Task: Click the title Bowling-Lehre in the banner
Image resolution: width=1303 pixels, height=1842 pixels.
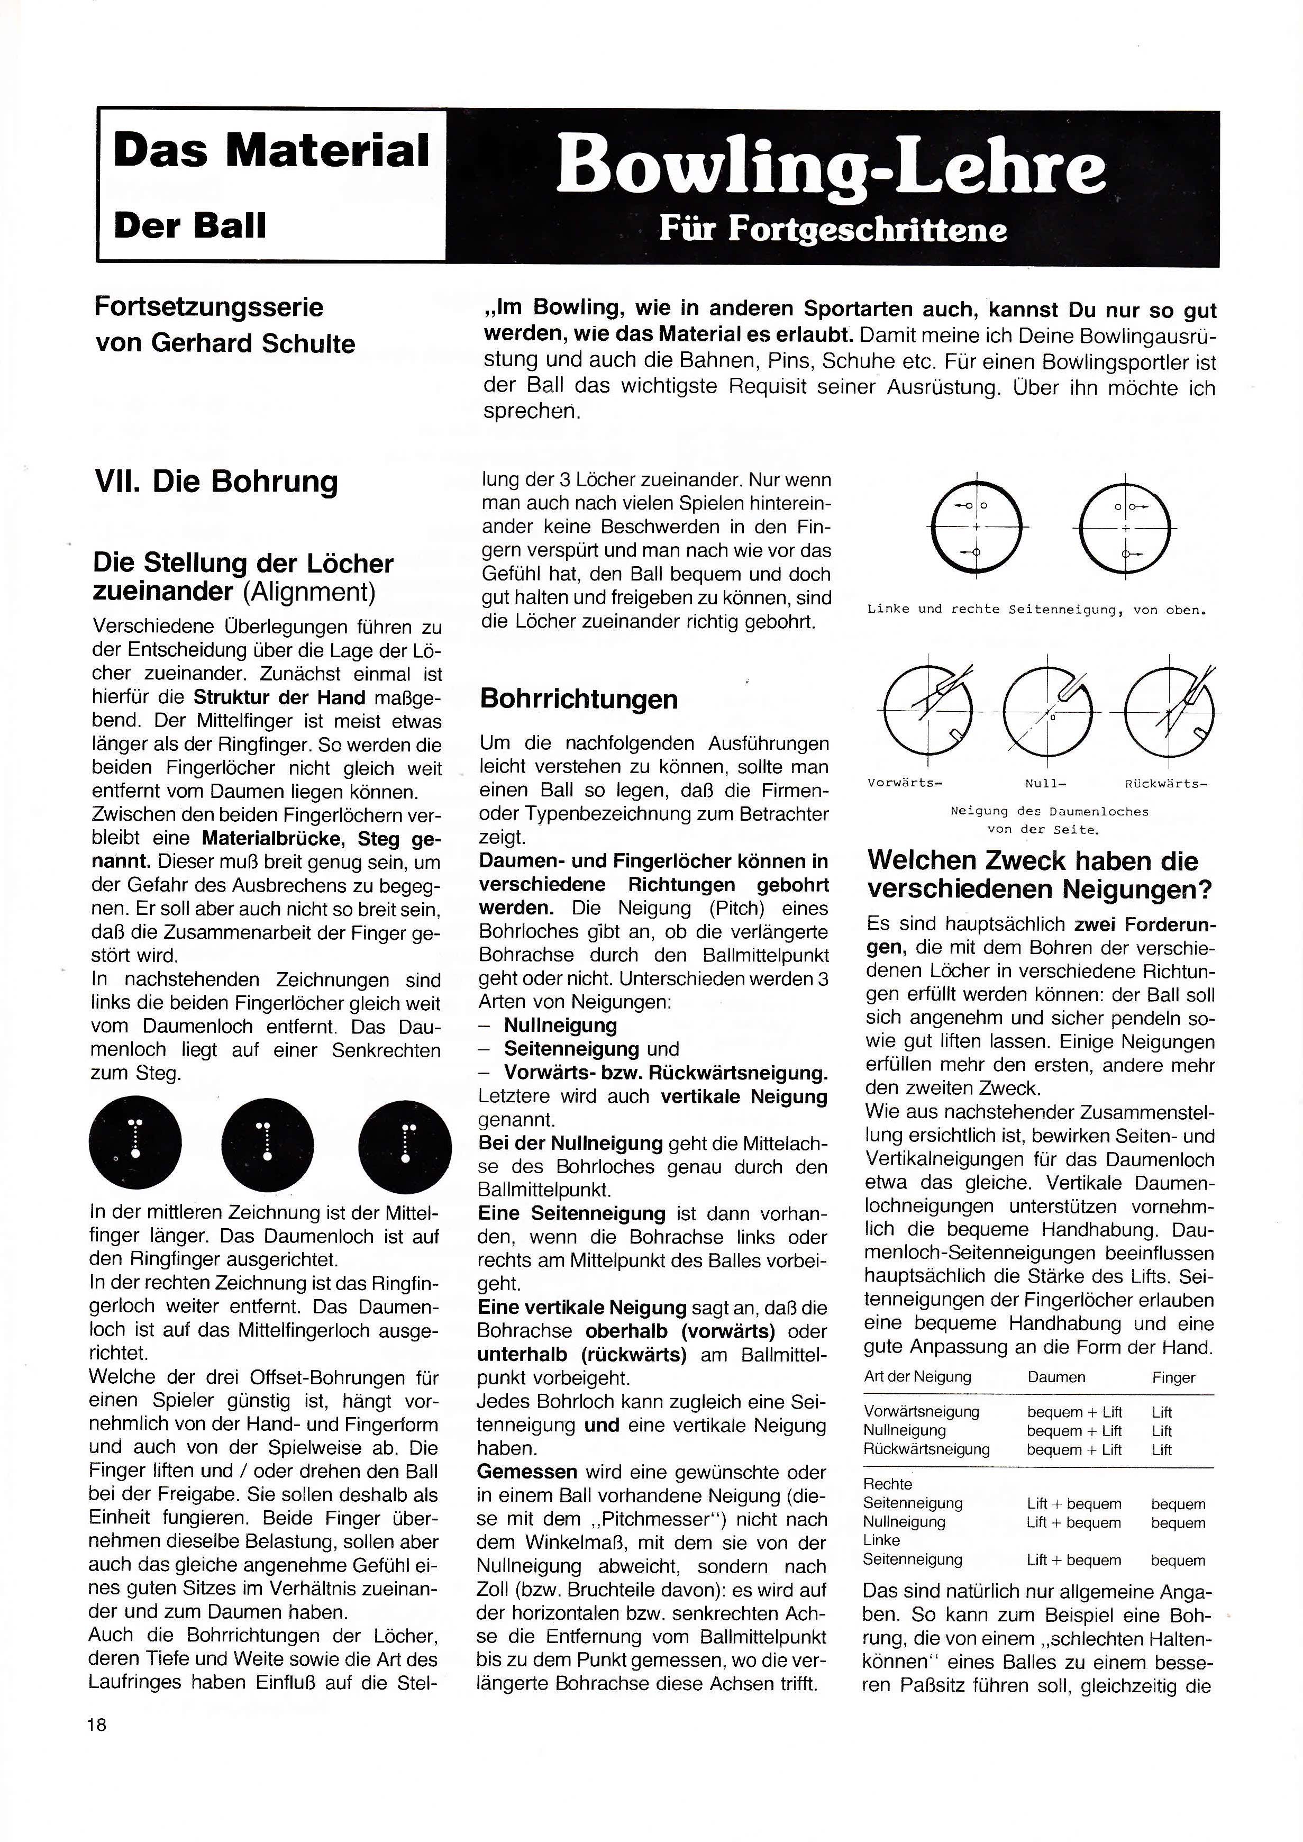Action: (831, 166)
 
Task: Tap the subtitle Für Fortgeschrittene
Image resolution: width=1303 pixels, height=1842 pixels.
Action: (833, 230)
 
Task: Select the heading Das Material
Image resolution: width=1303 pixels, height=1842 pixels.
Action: (271, 151)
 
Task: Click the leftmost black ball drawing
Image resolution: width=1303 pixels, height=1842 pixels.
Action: (135, 1143)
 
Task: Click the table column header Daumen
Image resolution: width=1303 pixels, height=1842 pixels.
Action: (1056, 1377)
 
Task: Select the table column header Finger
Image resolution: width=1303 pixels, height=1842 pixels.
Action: (1173, 1378)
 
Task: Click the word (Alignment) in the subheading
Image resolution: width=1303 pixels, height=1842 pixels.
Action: (309, 592)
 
